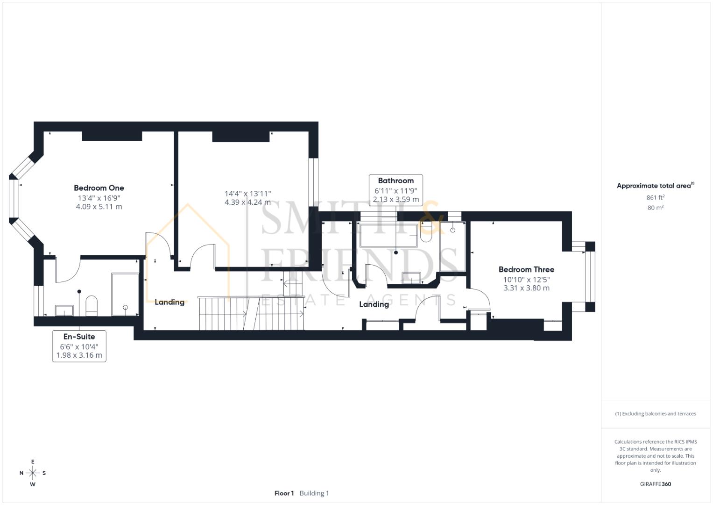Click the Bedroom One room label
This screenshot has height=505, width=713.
point(99,188)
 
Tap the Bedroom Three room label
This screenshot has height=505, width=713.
point(526,269)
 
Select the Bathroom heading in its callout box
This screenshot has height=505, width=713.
point(395,180)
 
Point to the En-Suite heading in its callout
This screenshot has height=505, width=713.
point(79,336)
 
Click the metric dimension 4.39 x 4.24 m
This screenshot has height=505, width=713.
point(247,202)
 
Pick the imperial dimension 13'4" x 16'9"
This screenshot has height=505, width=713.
point(99,198)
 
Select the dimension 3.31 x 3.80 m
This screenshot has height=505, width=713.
point(526,288)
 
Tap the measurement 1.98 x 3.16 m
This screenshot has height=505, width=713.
point(79,355)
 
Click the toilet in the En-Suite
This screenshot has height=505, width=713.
point(92,305)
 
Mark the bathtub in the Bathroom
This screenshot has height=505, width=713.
point(388,235)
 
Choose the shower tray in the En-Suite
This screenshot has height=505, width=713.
point(125,294)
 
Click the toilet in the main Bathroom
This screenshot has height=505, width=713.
point(426,232)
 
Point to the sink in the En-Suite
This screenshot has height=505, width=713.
point(64,310)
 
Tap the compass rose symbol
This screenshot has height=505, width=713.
point(33,473)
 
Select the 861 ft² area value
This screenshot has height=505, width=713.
point(656,197)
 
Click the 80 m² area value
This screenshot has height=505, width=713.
point(656,208)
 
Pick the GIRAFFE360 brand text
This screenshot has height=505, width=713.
point(656,484)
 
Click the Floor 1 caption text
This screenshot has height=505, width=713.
point(284,493)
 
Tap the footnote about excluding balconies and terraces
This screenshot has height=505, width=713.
point(656,414)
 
